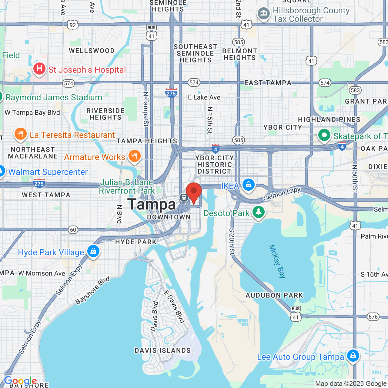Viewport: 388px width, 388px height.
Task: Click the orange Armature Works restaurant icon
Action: pyautogui.click(x=134, y=156)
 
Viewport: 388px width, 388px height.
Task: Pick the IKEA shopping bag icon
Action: pyautogui.click(x=248, y=184)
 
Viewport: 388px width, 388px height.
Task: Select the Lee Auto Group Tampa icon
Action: pyautogui.click(x=353, y=356)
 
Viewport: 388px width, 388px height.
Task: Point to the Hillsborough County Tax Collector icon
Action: pyautogui.click(x=264, y=14)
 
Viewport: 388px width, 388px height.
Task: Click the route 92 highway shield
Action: pyautogui.click(x=73, y=25)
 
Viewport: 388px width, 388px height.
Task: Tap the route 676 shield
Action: pyautogui.click(x=373, y=317)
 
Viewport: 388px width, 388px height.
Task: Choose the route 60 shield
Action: pyautogui.click(x=73, y=229)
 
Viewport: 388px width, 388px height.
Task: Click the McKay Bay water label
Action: pyautogui.click(x=277, y=261)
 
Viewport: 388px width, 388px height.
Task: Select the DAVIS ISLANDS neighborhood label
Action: pyautogui.click(x=163, y=350)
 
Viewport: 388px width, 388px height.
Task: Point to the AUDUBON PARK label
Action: pyautogui.click(x=274, y=295)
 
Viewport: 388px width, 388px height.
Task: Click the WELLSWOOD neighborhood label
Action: pyautogui.click(x=92, y=51)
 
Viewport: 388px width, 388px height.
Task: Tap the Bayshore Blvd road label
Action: pyautogui.click(x=92, y=290)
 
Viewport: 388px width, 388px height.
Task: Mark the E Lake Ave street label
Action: pyautogui.click(x=204, y=97)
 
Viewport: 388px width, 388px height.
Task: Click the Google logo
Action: pyautogui.click(x=20, y=381)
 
